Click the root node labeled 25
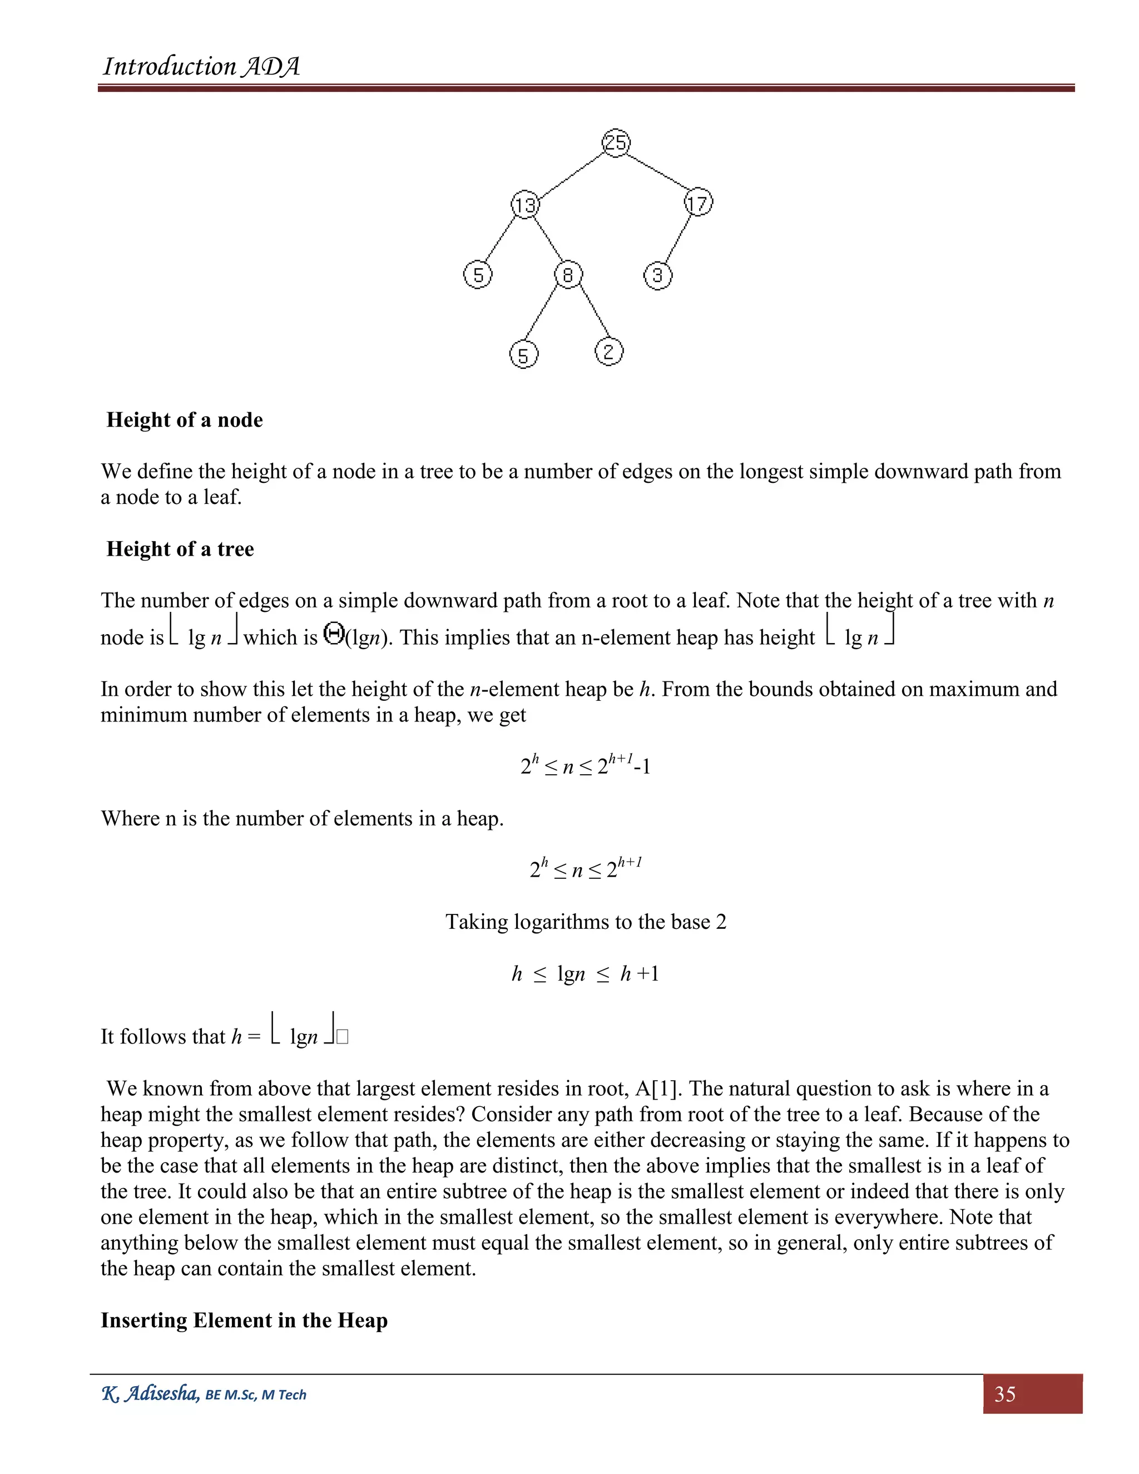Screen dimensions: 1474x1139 click(616, 142)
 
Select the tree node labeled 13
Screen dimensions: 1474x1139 click(525, 205)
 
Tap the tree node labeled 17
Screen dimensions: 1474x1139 click(699, 202)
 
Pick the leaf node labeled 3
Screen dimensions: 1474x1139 click(658, 275)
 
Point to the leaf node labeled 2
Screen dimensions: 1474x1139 click(608, 352)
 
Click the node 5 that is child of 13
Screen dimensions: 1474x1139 click(478, 275)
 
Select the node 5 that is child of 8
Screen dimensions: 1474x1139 click(523, 355)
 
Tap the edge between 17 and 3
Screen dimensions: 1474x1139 click(678, 240)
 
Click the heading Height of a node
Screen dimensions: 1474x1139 click(184, 420)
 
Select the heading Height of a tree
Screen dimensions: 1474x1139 click(180, 548)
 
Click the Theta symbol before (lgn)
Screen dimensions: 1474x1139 click(333, 634)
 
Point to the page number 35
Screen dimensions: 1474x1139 click(1005, 1394)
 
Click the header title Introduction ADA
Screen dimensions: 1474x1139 click(201, 67)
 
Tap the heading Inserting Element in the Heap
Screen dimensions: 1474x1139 click(244, 1319)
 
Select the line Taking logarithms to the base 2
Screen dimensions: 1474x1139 click(586, 922)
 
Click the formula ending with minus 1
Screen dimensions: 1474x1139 click(586, 765)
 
